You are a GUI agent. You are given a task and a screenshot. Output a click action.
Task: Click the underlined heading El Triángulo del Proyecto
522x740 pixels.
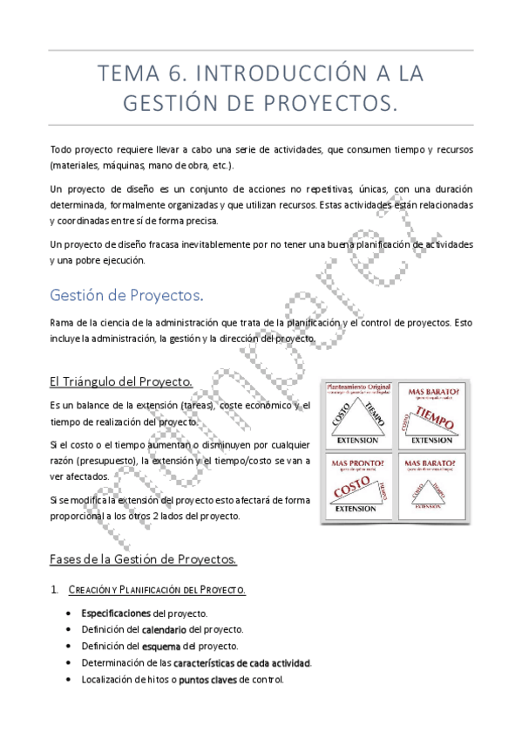[x=121, y=381]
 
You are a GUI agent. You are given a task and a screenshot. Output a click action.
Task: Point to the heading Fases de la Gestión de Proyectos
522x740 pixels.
[x=143, y=558]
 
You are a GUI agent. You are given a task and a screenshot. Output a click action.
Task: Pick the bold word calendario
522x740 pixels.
[x=164, y=629]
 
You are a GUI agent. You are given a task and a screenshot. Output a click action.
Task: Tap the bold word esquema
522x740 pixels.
[x=161, y=646]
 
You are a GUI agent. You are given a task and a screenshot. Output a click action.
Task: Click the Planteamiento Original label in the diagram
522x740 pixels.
[x=358, y=386]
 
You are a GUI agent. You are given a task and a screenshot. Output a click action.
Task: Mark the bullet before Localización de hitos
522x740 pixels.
[x=69, y=680]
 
